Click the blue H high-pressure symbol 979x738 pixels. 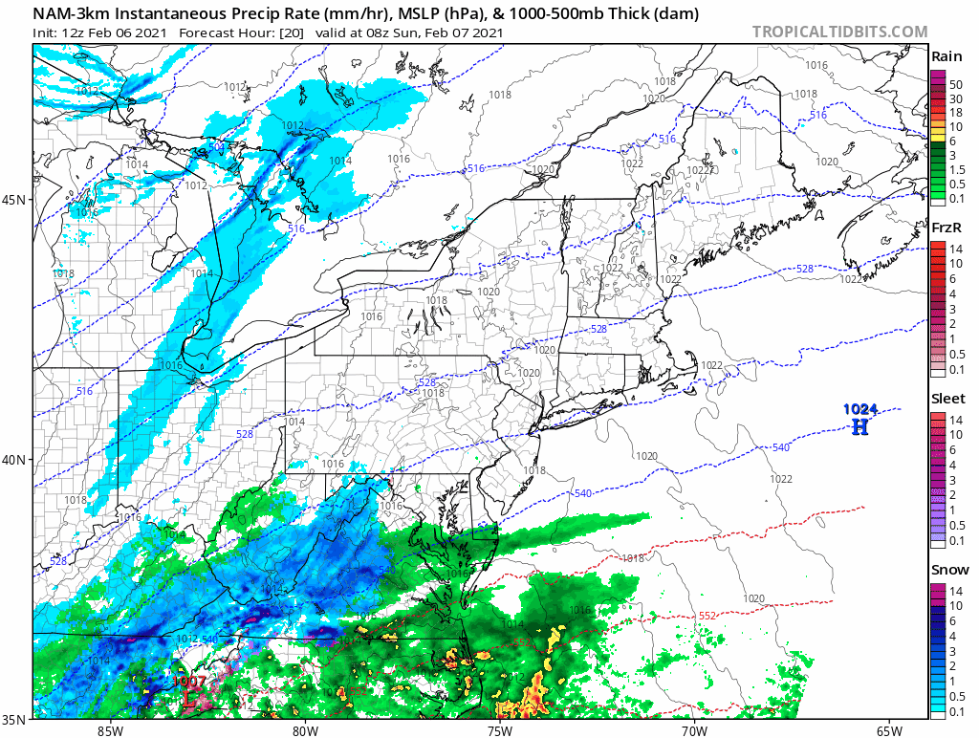coord(859,426)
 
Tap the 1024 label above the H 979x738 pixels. coord(859,409)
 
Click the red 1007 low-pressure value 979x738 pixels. coord(189,682)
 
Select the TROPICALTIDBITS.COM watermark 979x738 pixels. coord(839,32)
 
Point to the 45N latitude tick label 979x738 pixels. coord(16,200)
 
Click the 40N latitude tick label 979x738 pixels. coord(16,459)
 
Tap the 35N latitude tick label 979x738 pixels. coord(16,718)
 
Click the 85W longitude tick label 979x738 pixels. coord(110,730)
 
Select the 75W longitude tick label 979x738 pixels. coord(499,730)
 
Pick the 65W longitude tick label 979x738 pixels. coord(889,730)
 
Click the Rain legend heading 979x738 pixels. coord(946,56)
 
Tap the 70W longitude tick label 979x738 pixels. coord(694,730)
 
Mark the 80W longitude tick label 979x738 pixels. coord(305,730)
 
